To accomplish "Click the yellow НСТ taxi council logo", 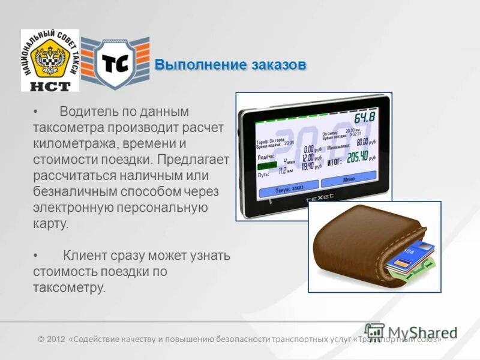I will pos(50,60).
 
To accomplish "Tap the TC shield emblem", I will pos(115,64).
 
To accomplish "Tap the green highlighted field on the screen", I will pos(266,166).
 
